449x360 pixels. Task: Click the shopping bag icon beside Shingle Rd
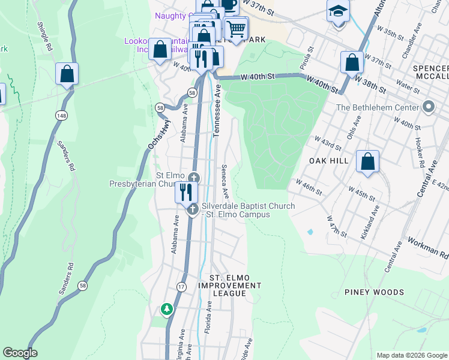coord(67,74)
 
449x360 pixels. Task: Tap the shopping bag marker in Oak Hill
coord(367,162)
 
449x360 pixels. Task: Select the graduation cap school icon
coord(339,11)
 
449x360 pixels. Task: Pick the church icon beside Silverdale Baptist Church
coord(193,209)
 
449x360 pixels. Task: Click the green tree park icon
coord(166,309)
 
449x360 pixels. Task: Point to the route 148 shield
coord(61,115)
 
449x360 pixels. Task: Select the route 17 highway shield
coord(181,287)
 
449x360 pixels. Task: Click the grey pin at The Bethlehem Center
coord(428,107)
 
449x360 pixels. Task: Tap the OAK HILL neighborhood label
coord(328,161)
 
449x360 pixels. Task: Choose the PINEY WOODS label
coord(374,292)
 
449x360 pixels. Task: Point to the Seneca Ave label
coord(225,182)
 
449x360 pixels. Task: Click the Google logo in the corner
coord(20,353)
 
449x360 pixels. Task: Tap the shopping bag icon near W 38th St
coord(352,63)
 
